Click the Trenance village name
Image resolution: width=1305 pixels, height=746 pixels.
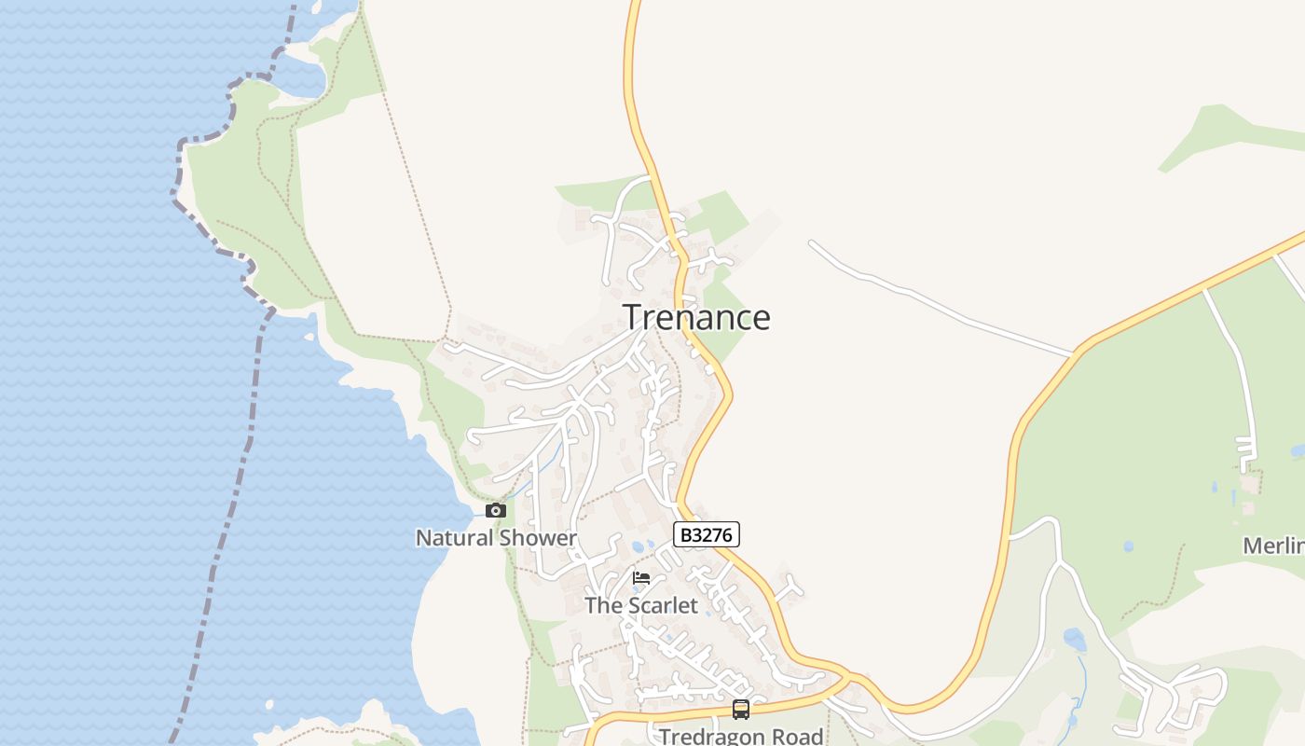[x=696, y=318]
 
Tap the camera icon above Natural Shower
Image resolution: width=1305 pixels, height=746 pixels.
[x=496, y=510]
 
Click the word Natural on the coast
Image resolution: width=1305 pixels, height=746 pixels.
[x=454, y=538]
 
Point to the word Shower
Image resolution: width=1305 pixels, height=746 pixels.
[x=538, y=538]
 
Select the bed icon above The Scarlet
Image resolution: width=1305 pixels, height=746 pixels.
[x=641, y=578]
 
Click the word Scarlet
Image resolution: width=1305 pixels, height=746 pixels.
[x=660, y=605]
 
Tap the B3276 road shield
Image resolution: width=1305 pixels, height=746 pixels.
[x=707, y=534]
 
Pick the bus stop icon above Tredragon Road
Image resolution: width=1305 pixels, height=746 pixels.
[x=741, y=709]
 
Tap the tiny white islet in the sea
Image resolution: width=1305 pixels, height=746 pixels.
[x=269, y=705]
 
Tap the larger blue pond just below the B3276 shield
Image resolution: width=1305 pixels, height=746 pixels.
[x=639, y=546]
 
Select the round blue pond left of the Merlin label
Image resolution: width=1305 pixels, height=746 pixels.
[x=1129, y=546]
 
